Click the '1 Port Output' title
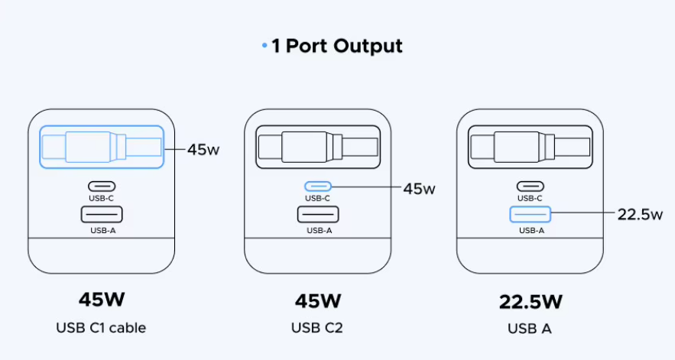coord(336,46)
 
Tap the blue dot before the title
coord(264,47)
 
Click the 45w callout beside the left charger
coord(203,149)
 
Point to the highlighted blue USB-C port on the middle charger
coord(318,186)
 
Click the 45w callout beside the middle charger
coord(419,188)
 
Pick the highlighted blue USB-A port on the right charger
coord(531,215)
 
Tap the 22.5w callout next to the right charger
coord(639,215)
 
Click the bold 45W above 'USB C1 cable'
coord(102,299)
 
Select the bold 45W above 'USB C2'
coord(317,300)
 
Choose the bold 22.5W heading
coord(530,300)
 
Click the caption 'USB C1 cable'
coord(101,328)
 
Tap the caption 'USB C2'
coord(317,328)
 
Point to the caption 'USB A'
coord(530,329)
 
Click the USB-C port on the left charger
coord(102,186)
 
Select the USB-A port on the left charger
coord(102,215)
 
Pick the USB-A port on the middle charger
coord(318,215)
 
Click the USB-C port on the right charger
coord(531,186)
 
